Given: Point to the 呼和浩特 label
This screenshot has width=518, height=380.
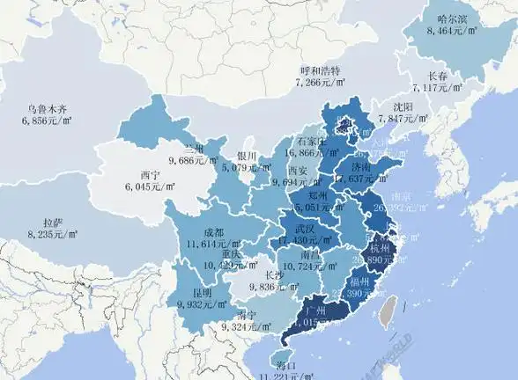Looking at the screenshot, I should pos(320,70).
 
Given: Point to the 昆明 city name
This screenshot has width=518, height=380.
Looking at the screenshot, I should pos(203,292).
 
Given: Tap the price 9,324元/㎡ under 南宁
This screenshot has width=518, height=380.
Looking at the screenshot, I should pos(248,326).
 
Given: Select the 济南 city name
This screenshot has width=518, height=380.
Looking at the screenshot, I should pos(359,165).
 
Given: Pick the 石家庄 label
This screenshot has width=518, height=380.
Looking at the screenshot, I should pos(312,141).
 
